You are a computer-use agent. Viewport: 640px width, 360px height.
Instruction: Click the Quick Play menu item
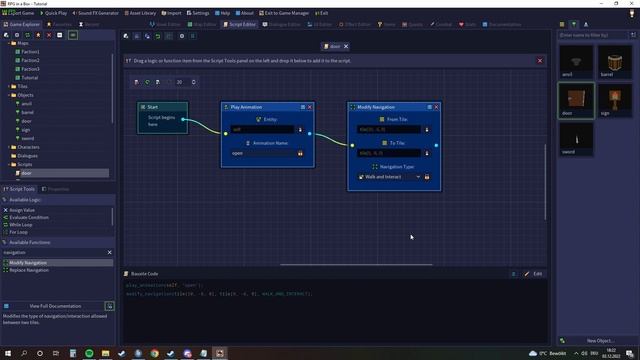click(x=58, y=13)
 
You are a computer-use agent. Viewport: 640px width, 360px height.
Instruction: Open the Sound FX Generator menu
click(x=96, y=13)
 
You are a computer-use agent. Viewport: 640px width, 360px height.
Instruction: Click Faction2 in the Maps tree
click(x=30, y=60)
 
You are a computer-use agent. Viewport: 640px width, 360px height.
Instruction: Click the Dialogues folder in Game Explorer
click(x=27, y=155)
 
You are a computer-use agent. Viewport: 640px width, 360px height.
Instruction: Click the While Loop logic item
click(x=21, y=224)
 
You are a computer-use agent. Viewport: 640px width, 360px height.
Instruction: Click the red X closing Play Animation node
click(x=310, y=107)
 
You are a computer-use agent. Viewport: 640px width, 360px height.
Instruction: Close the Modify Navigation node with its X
click(x=437, y=107)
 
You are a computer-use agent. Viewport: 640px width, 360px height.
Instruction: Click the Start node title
click(x=151, y=107)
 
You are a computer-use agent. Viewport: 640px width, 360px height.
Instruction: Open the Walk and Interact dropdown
click(x=390, y=177)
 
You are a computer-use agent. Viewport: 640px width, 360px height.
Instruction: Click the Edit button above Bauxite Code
click(x=536, y=273)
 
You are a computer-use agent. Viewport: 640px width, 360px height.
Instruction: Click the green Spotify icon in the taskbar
click(x=89, y=354)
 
